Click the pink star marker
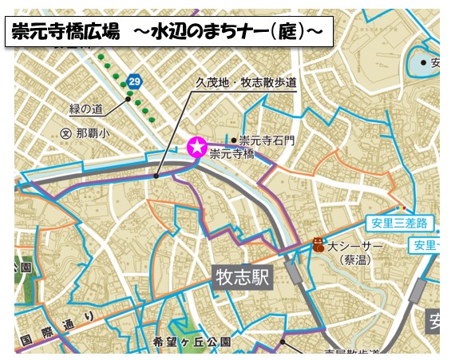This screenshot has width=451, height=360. coord(196,147)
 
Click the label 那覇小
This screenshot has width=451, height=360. coord(93,134)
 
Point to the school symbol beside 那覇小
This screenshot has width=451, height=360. coord(66,134)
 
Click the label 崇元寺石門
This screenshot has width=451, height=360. coord(267,140)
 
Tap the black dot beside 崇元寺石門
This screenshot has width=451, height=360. coord(233,140)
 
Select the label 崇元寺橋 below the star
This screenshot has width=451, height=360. coord(231,155)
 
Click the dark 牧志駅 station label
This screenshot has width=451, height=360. coord(244,277)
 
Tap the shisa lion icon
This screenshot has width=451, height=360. coord(318,245)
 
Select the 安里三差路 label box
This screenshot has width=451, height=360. coord(397,223)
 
